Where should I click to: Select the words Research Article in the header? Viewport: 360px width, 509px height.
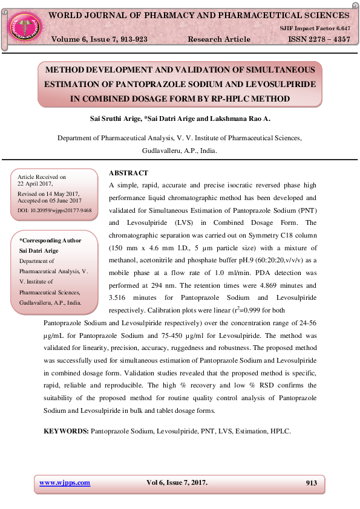(219, 39)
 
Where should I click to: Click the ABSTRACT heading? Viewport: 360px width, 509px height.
(128, 173)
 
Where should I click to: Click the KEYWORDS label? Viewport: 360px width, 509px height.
(66, 432)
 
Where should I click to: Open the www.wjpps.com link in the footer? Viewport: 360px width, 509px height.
(65, 482)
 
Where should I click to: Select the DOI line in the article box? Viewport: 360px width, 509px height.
(55, 211)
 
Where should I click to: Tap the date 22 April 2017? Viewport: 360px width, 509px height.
(36, 183)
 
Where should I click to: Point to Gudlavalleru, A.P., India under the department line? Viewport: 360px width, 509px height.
(179, 151)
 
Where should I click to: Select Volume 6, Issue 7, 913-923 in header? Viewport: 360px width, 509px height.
(99, 39)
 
